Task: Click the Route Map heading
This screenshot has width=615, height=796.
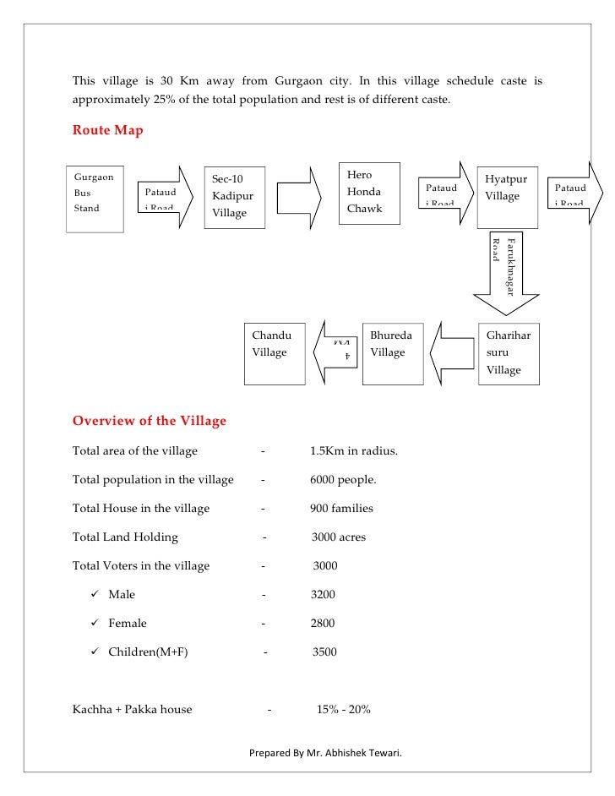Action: click(107, 130)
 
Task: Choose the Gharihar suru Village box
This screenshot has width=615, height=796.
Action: click(509, 353)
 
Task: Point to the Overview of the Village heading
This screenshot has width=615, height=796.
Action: click(149, 421)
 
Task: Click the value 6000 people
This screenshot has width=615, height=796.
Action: click(343, 480)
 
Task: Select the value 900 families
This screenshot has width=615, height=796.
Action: click(341, 509)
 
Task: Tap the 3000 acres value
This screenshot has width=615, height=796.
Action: click(338, 537)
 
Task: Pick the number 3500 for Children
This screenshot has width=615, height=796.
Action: click(325, 652)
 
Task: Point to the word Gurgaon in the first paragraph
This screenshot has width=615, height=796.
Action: click(296, 82)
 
